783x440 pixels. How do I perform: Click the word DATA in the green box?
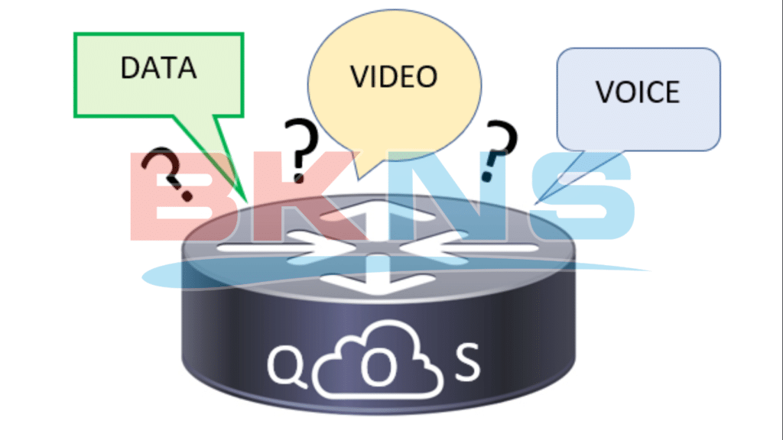point(158,67)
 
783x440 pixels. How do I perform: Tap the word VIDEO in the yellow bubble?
point(394,76)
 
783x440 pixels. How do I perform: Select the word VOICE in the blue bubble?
point(637,92)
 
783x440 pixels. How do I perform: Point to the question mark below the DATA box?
point(171,171)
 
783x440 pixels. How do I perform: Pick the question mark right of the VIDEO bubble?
point(501,147)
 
